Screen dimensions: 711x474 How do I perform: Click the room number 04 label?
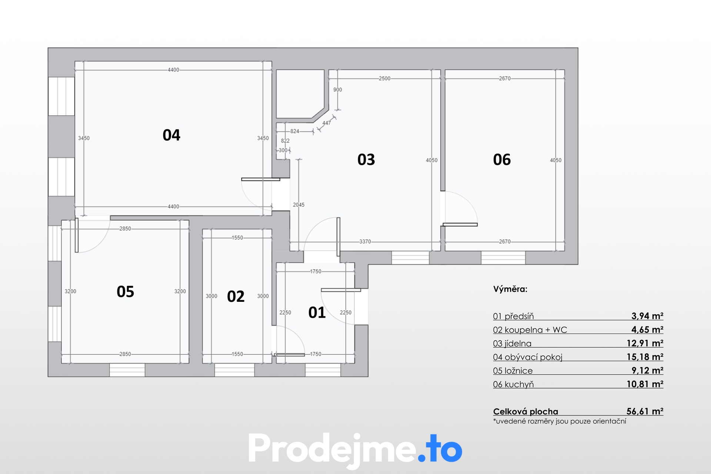click(x=171, y=135)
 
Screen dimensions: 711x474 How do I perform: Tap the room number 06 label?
click(x=502, y=160)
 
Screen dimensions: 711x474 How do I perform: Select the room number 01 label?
click(x=317, y=313)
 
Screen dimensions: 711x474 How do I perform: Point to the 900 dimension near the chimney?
click(x=338, y=90)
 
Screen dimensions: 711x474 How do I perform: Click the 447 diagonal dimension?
click(x=327, y=123)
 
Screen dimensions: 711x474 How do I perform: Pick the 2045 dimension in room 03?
click(x=299, y=205)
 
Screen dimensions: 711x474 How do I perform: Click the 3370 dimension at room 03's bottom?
click(x=365, y=241)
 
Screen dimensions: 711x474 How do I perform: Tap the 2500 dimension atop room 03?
click(x=384, y=79)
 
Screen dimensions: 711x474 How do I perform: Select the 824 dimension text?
click(x=295, y=131)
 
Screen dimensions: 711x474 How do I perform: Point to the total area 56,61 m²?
click(x=645, y=411)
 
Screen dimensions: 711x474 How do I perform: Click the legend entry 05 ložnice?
click(x=513, y=371)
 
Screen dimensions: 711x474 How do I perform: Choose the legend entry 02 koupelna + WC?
click(x=530, y=330)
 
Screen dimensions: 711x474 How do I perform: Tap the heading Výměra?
click(x=510, y=289)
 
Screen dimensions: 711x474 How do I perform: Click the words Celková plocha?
click(x=525, y=411)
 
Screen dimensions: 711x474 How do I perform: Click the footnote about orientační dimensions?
click(x=560, y=421)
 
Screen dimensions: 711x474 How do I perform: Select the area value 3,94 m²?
click(x=647, y=316)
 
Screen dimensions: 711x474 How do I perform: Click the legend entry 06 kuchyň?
click(x=513, y=384)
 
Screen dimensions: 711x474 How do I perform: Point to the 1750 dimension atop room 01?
click(x=316, y=271)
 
